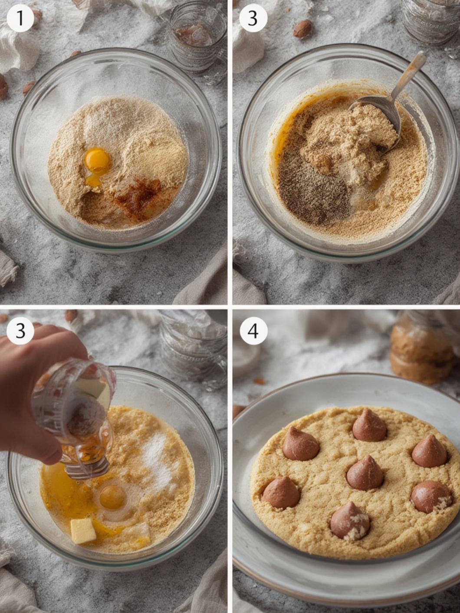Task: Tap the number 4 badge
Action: [x=253, y=331]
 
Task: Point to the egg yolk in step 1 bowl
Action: [x=97, y=159]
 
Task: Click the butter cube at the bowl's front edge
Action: [x=83, y=531]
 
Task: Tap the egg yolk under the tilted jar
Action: [x=112, y=497]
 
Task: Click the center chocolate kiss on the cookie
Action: [x=365, y=473]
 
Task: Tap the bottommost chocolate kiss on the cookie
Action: [x=350, y=521]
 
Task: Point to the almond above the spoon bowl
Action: [x=302, y=29]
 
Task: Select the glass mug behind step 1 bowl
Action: [x=197, y=41]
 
